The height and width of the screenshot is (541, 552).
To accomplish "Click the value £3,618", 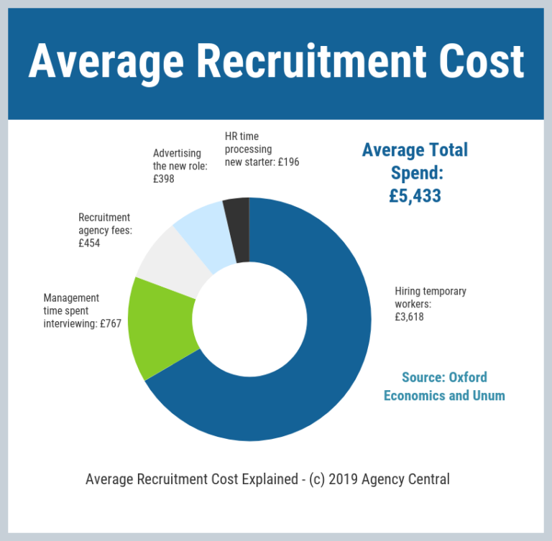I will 409,316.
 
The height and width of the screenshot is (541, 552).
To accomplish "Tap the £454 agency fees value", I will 89,243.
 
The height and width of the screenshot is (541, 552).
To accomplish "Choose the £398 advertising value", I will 164,179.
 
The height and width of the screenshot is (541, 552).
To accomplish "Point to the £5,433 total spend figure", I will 415,195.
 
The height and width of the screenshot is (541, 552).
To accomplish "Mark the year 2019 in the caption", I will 346,478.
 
